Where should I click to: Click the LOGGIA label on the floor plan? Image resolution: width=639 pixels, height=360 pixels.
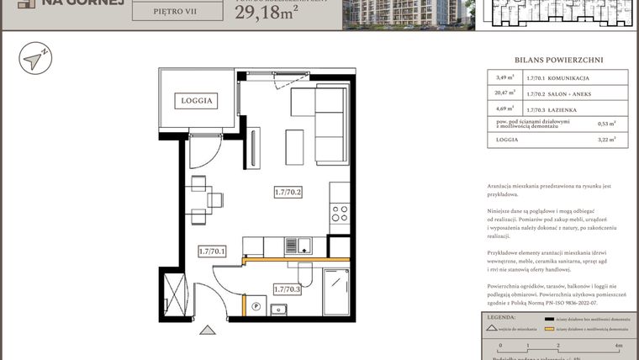195,100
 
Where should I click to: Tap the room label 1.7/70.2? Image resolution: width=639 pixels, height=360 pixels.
288,193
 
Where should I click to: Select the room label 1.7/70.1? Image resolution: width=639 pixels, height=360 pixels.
212,251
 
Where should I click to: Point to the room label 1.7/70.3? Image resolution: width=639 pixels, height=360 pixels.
288,289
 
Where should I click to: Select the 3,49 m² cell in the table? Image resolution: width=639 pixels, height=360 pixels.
504,79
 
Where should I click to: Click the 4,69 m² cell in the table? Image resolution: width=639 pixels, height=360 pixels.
504,109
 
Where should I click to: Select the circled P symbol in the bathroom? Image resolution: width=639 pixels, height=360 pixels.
256,307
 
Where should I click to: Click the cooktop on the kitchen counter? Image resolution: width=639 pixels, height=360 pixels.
340,213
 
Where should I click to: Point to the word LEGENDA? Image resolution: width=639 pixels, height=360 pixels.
501,318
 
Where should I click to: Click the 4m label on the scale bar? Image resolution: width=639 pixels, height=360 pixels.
619,346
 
